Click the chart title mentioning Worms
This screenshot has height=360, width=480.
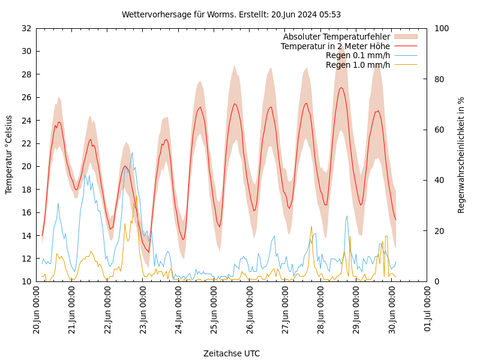click(231, 14)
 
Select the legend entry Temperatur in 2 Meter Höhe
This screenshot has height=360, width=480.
click(335, 46)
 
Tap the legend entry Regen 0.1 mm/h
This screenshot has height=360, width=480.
click(358, 56)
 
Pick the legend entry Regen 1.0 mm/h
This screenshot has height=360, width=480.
click(358, 65)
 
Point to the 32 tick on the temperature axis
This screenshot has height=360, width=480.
click(26, 28)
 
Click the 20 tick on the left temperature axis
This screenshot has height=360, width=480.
click(26, 166)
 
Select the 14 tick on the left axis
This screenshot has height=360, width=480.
click(26, 236)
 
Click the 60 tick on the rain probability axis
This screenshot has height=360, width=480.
click(439, 130)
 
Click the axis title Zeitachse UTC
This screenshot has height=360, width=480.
click(231, 353)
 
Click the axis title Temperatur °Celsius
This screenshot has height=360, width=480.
click(9, 155)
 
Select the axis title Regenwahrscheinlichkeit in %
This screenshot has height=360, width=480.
click(461, 155)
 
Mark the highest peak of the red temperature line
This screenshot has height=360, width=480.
click(341, 88)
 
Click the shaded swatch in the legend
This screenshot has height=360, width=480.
click(405, 37)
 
